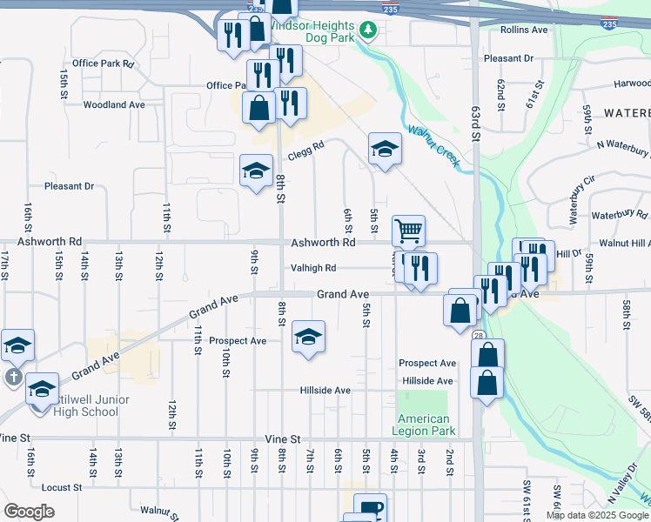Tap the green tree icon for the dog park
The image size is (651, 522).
coord(369,31)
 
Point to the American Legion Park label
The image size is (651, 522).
coord(422,425)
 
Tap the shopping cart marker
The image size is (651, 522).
coord(408,231)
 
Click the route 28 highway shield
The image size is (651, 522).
coord(479,335)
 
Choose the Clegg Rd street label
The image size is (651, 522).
coord(305,151)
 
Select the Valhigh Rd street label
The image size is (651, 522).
coord(313,268)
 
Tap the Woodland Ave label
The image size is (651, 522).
coord(113,104)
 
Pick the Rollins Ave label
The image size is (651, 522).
coord(524,30)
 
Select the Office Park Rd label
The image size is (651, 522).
coord(104,64)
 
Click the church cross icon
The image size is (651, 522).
coord(12,378)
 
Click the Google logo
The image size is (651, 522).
coord(30,512)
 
